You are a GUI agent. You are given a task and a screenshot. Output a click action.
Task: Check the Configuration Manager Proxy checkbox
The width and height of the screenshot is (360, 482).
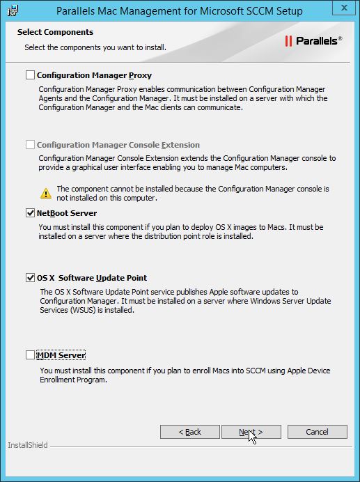[x=30, y=75]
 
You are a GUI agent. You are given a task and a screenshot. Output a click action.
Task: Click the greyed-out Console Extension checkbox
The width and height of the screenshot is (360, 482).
[x=30, y=145]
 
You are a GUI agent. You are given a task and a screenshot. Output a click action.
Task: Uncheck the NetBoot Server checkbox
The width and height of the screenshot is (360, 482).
[x=30, y=213]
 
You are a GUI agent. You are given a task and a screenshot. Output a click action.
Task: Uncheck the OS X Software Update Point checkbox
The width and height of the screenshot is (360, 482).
[x=30, y=278]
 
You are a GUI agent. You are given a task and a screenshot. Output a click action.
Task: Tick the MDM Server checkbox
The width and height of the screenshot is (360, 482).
[x=30, y=355]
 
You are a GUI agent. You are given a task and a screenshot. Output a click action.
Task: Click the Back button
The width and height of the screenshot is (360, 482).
[x=189, y=432]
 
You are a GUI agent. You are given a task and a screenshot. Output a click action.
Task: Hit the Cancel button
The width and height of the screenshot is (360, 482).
[x=317, y=432]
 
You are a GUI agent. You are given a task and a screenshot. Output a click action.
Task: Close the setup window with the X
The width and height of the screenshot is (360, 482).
[x=342, y=9]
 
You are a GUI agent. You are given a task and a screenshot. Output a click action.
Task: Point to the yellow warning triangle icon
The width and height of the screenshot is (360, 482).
[x=46, y=193]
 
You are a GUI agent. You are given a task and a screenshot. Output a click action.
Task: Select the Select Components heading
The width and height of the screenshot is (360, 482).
[x=55, y=32]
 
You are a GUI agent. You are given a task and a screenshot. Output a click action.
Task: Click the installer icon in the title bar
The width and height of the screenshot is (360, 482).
[x=12, y=10]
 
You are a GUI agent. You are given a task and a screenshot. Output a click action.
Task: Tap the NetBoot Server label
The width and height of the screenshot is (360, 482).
[x=67, y=213]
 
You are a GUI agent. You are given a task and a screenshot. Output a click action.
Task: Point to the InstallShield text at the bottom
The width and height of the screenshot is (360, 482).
[x=28, y=445]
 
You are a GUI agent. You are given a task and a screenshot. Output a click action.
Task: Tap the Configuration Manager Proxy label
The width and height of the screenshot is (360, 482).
[x=94, y=75]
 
